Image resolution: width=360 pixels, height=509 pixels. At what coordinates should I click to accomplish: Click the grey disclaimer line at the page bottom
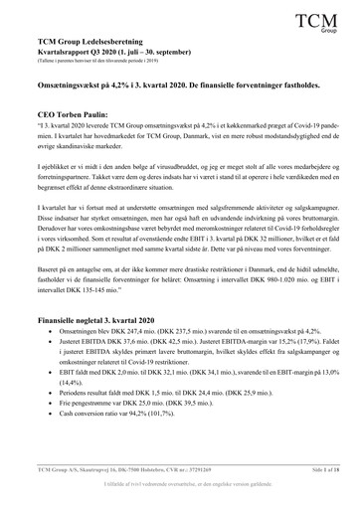[x=180, y=493]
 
